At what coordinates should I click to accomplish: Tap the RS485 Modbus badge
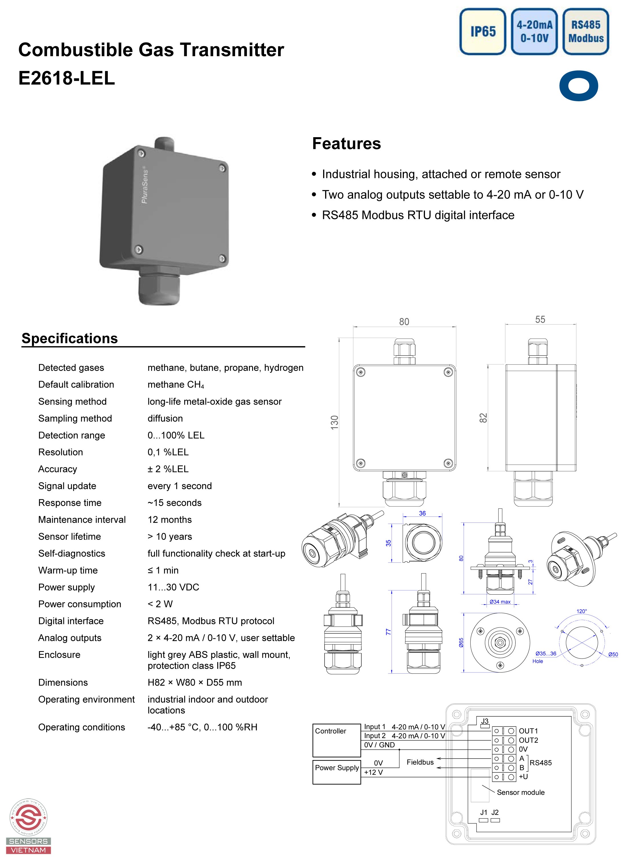pyautogui.click(x=586, y=32)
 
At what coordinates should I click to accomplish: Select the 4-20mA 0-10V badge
pyautogui.click(x=534, y=32)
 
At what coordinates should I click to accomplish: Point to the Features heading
pyautogui.click(x=347, y=144)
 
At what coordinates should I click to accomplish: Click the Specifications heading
pyautogui.click(x=70, y=339)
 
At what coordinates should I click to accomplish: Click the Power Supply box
pyautogui.click(x=337, y=771)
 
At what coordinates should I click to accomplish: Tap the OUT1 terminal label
pyautogui.click(x=528, y=731)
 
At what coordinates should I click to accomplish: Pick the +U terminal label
pyautogui.click(x=523, y=777)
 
